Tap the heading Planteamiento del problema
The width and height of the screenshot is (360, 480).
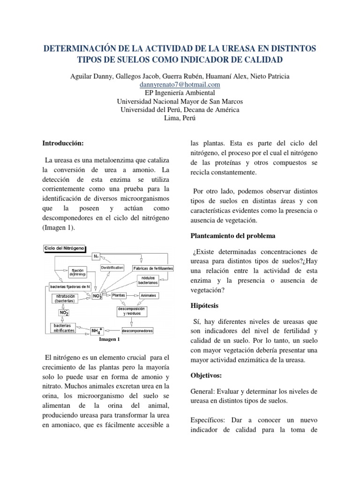232,235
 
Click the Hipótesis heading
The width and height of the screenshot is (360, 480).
205,305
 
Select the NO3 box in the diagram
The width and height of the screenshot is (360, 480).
97,296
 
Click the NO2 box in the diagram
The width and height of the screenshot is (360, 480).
64,312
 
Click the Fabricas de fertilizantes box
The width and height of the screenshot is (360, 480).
153,268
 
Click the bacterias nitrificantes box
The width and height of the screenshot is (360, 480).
63,328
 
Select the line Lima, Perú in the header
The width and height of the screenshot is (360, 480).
180,118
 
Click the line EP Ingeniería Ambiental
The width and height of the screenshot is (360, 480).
180,93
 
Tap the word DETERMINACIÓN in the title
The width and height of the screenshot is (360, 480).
84,49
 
